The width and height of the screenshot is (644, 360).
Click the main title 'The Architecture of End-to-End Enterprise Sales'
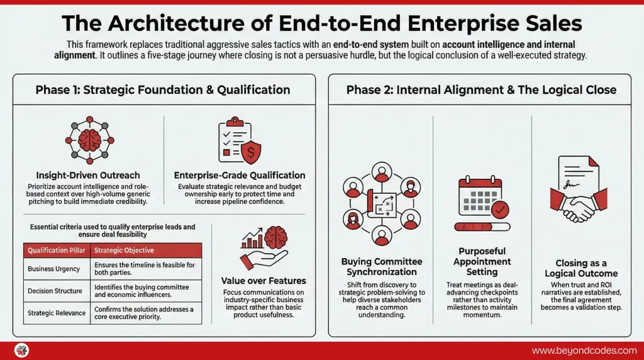point(321,23)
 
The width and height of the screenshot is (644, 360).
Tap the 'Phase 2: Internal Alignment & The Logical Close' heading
point(481,89)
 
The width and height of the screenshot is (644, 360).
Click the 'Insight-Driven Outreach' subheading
point(88,175)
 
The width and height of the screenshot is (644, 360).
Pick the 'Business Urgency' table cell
point(54,269)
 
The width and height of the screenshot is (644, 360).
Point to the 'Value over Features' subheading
point(264,281)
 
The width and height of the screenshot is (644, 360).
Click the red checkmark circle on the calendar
point(501,208)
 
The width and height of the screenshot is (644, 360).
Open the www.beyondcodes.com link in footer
point(584,351)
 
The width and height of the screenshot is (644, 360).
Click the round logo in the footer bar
point(21,351)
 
